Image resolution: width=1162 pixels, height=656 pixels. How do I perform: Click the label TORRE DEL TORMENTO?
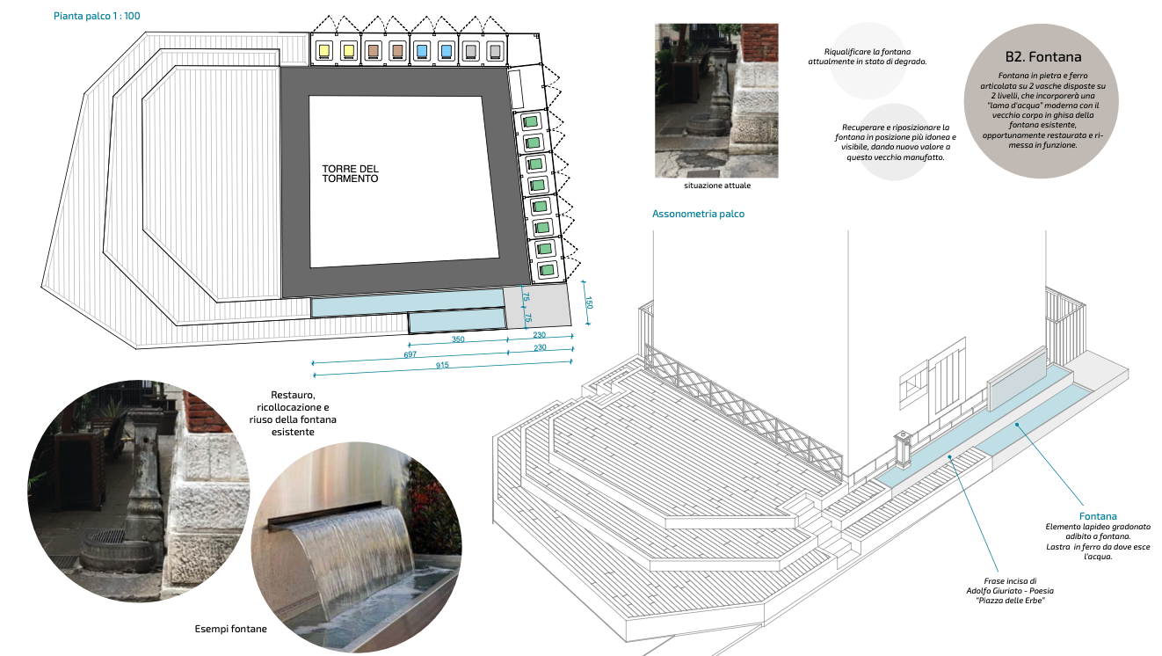(350, 173)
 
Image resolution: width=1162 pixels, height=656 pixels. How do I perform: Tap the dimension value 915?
(442, 365)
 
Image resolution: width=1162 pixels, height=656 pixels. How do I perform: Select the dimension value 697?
(410, 354)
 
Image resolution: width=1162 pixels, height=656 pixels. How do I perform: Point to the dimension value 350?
(458, 339)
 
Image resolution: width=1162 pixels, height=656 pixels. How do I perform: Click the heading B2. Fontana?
(1042, 57)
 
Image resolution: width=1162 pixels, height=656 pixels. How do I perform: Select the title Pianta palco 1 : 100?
(97, 16)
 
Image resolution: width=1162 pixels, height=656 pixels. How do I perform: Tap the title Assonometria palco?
(698, 214)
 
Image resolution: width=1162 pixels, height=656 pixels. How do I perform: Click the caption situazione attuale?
(717, 186)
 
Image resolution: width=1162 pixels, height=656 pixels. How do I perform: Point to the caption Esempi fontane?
(230, 629)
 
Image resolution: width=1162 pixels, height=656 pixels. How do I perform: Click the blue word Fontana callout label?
(1098, 516)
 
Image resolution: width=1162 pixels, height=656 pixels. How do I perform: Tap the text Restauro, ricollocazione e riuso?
(293, 413)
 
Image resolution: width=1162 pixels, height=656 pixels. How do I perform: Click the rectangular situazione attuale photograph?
(717, 100)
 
